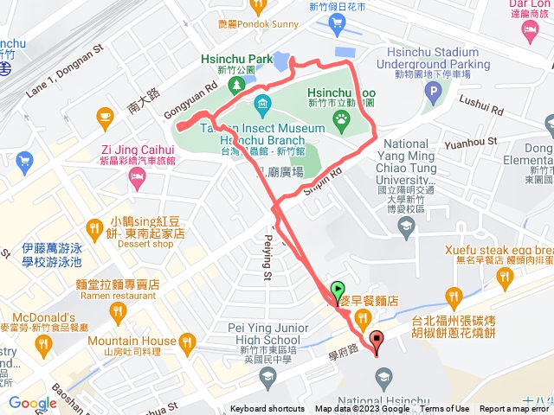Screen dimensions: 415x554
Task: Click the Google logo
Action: pyautogui.click(x=32, y=403)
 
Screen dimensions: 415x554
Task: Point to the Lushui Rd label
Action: pyautogui.click(x=481, y=111)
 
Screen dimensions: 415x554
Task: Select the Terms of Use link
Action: pyautogui.click(x=445, y=409)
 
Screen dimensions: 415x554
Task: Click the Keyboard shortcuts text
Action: pyautogui.click(x=267, y=409)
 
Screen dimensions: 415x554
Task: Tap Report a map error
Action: pyautogui.click(x=514, y=409)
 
